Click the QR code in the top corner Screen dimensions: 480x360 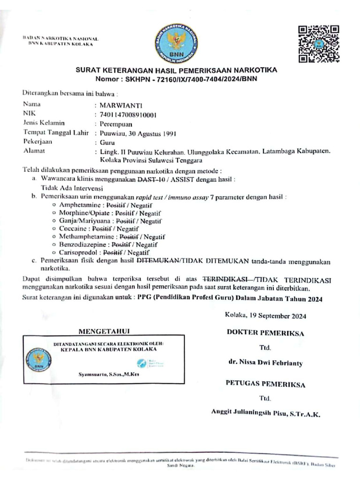(x=319, y=43)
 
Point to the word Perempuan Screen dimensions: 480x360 (x=116, y=124)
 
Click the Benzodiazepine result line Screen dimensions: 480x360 (x=108, y=244)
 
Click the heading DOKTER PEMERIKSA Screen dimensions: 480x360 (x=265, y=333)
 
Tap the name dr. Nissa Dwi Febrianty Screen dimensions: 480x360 (x=265, y=363)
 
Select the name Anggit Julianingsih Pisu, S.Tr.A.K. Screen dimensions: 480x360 (x=265, y=414)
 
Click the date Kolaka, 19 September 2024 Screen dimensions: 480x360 (x=265, y=315)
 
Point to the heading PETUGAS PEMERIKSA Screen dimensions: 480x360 (x=265, y=384)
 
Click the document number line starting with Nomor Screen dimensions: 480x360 (x=176, y=79)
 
